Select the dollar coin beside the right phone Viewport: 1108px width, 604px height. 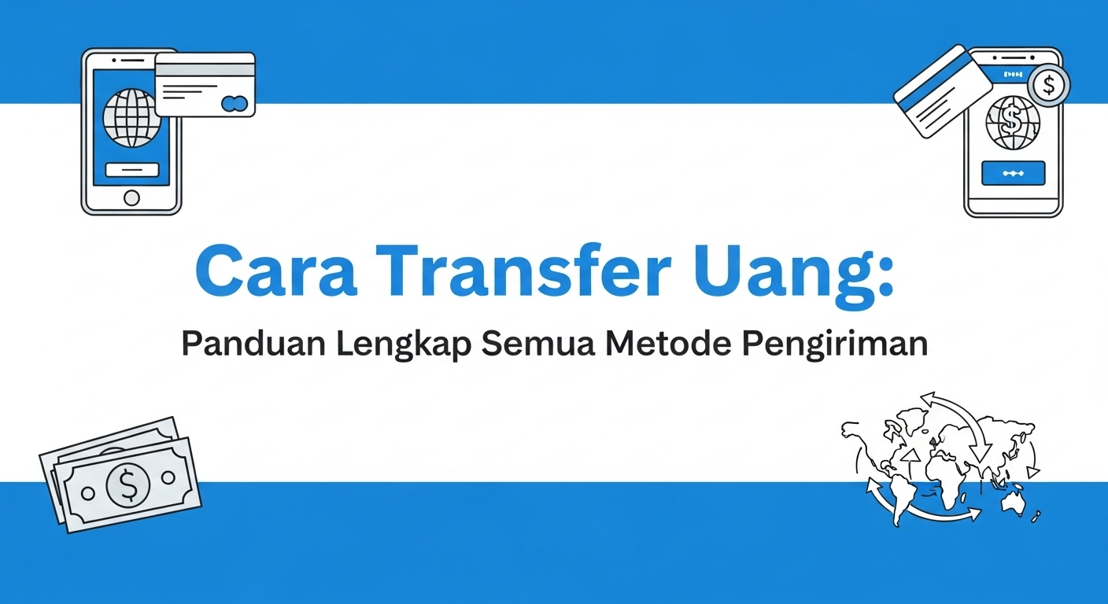click(x=1049, y=84)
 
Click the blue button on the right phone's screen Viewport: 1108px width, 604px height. click(x=1013, y=173)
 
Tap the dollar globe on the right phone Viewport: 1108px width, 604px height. click(x=1013, y=122)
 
